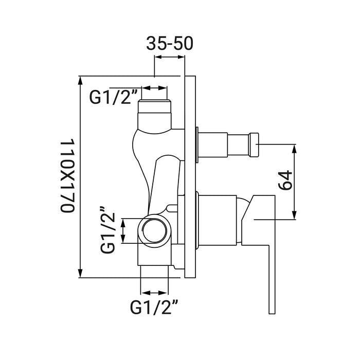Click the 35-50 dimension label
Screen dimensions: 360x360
point(170,43)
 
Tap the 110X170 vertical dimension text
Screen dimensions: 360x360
point(68,175)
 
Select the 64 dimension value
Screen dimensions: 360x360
point(285,180)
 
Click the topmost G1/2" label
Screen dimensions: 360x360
point(113,97)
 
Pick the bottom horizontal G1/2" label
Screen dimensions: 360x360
point(154,308)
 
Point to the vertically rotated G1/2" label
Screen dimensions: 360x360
point(107,229)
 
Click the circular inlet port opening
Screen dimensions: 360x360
point(154,231)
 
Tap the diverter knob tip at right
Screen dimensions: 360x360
point(254,145)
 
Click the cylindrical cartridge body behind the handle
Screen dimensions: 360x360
point(217,221)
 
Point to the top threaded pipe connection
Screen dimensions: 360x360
point(154,114)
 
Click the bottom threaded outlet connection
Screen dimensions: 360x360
point(154,272)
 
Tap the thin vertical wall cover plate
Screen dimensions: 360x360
point(190,177)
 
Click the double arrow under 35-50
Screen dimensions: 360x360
point(170,57)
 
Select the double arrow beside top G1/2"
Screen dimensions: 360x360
point(154,88)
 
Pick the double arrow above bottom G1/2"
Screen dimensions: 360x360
point(154,293)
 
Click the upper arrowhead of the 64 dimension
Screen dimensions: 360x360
point(295,149)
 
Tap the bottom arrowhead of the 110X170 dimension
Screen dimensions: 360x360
point(80,273)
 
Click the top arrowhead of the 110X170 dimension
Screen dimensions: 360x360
point(80,80)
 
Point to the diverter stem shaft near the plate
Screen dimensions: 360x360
point(212,145)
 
